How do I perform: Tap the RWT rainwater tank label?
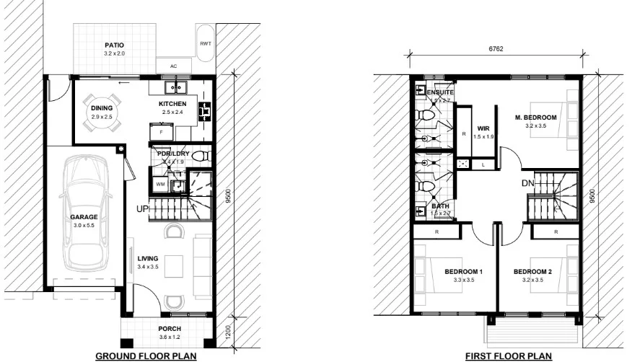(x=205, y=44)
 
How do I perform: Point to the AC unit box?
(x=173, y=66)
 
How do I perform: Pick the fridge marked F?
(x=161, y=133)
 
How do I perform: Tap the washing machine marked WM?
(x=160, y=185)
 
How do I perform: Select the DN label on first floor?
(x=527, y=184)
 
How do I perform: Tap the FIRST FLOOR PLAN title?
(x=509, y=356)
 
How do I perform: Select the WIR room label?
(x=483, y=129)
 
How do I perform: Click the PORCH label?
(x=170, y=328)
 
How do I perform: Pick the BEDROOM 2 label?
(x=532, y=272)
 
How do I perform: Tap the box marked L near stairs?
(x=482, y=165)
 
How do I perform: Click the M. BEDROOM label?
(x=535, y=118)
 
